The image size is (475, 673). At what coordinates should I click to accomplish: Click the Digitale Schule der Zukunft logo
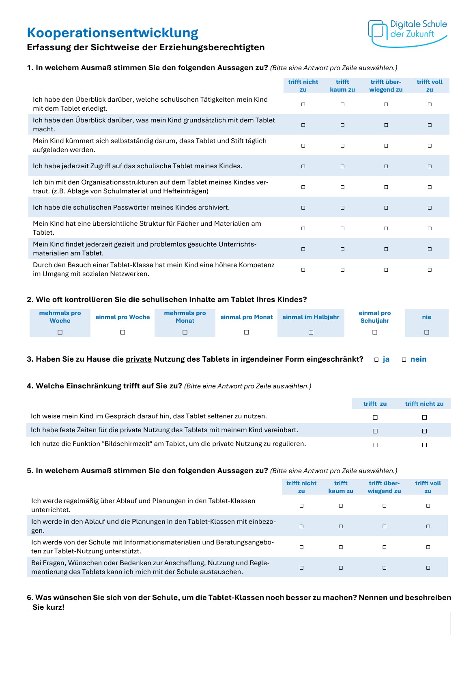pos(407,32)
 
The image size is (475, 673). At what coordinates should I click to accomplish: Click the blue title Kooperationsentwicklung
pos(112,33)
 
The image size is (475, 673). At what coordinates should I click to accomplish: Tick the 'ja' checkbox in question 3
pos(376,360)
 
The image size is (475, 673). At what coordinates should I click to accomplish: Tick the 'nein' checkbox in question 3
pos(404,360)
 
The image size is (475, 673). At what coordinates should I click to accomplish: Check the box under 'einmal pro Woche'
pos(123,332)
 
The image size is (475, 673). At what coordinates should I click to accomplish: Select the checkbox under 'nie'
pos(426,332)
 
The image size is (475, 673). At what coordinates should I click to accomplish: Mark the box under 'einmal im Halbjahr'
pos(311,332)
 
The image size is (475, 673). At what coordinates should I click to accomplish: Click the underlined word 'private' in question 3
pos(138,359)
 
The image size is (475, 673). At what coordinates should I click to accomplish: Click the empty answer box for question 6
pos(239,623)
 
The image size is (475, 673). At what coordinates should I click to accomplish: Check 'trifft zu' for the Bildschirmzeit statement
pos(375,445)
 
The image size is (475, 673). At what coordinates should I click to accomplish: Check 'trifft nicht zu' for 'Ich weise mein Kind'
pos(424,417)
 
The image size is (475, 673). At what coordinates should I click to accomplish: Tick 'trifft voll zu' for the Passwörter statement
pos(430,208)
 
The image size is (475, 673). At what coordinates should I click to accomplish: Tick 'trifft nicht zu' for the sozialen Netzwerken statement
pos(303,270)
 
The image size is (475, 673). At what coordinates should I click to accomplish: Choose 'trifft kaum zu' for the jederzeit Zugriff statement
pos(342,166)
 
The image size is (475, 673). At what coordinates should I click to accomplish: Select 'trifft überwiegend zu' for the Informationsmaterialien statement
pos(384,547)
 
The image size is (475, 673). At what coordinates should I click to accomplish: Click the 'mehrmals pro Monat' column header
pos(185,317)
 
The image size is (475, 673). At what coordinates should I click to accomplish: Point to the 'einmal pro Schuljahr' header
pos(374,317)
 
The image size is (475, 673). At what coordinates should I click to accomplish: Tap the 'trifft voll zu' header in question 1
pos(430,86)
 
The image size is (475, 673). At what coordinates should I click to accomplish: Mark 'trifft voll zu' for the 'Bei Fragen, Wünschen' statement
pos(428,568)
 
